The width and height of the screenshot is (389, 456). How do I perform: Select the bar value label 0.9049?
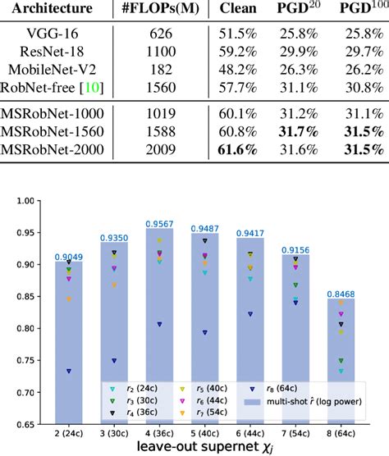tap(70, 256)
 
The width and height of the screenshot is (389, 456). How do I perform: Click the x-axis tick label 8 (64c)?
tap(351, 432)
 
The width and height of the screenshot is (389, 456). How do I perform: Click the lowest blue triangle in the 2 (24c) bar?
tap(70, 372)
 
